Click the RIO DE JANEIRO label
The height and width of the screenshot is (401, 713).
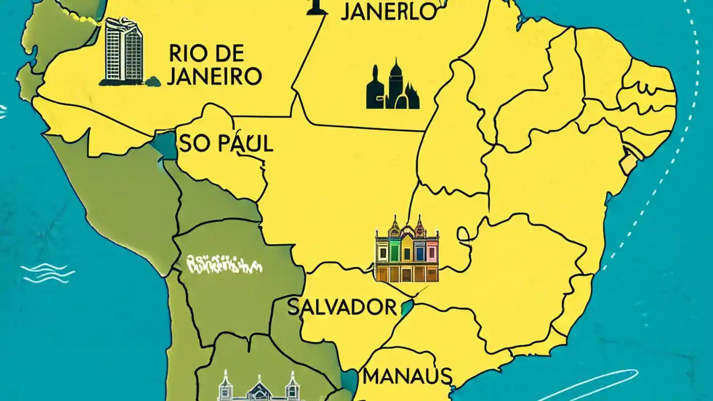point(214,65)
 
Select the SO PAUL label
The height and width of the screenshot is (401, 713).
point(226,144)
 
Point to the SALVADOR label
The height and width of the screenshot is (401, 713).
point(342,307)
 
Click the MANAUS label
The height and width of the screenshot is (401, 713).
point(407,376)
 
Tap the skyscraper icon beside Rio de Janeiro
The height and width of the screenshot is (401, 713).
point(123,51)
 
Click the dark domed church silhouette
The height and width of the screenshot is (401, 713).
point(392,86)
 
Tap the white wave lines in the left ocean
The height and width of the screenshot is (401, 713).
point(47,273)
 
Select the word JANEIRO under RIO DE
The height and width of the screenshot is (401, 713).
point(214,76)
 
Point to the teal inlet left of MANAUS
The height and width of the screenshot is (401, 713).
point(349,382)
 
